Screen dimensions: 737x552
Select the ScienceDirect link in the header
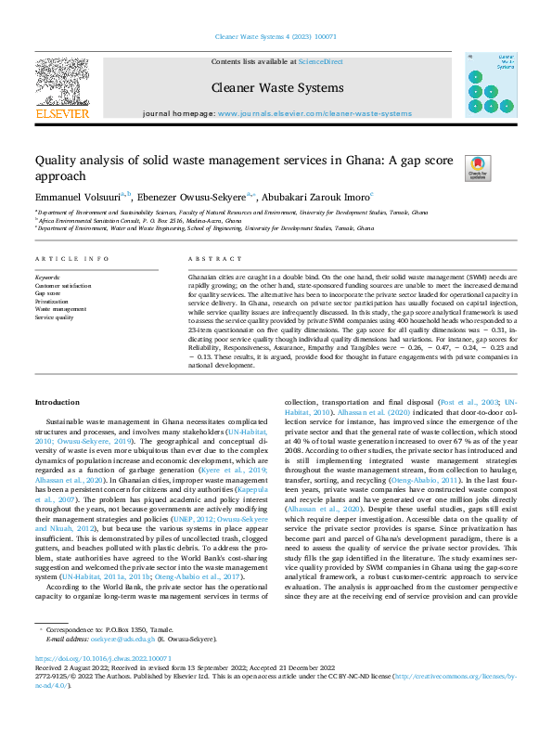click(320, 61)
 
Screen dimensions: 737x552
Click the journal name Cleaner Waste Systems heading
click(277, 88)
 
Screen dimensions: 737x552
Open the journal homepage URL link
click(315, 113)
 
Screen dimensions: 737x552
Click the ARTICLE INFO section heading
click(71, 259)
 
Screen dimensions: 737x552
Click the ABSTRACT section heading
click(208, 259)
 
